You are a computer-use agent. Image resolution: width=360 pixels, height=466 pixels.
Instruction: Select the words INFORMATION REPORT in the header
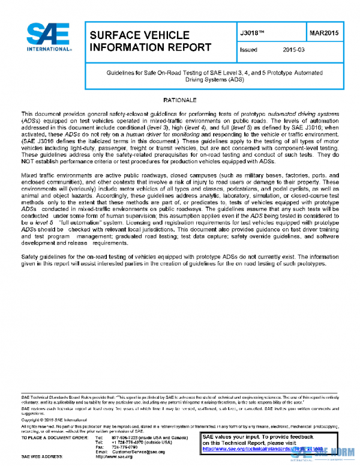point(150,47)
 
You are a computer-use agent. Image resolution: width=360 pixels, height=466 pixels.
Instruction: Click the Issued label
point(248,50)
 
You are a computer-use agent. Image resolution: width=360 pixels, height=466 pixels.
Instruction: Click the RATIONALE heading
point(180,98)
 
